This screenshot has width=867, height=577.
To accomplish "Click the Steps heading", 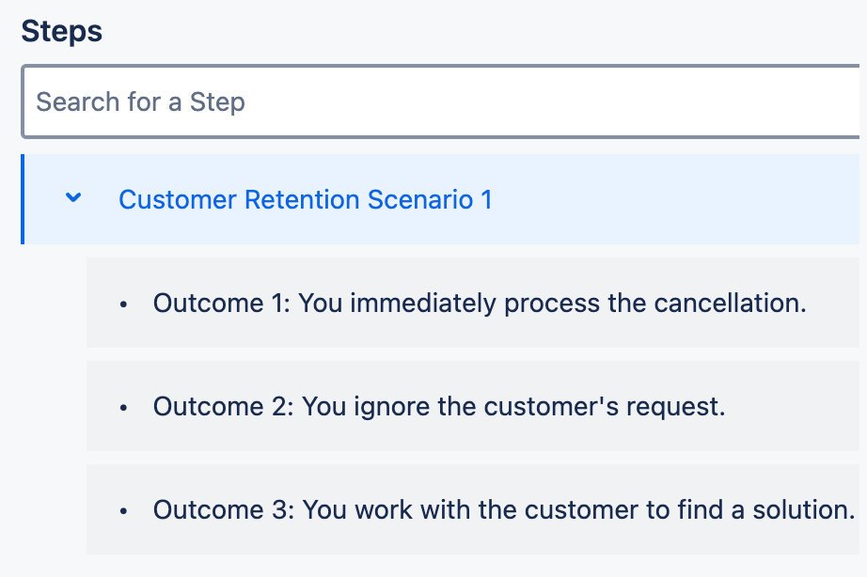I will (62, 31).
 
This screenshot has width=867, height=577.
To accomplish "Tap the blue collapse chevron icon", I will (73, 198).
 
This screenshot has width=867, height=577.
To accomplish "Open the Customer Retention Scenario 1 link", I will (305, 200).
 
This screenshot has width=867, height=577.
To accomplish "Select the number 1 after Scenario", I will (485, 200).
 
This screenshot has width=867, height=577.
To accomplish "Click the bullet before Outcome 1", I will (123, 304).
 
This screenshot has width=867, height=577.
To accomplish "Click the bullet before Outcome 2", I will (123, 408).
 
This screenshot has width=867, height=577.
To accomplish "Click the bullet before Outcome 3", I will (123, 511).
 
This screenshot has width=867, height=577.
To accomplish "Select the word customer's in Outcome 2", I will (545, 407).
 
